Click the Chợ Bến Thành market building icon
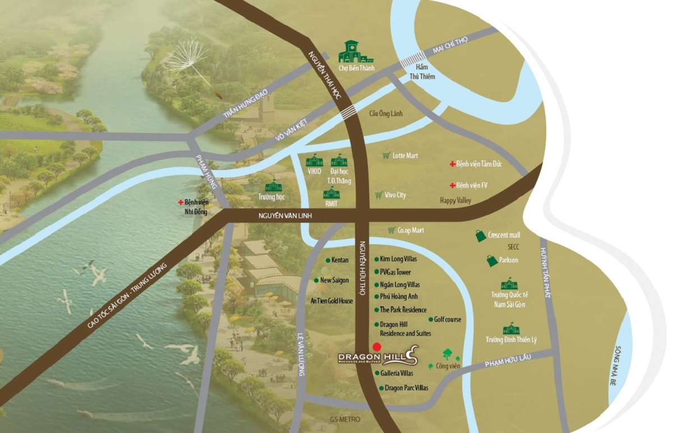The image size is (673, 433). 352,52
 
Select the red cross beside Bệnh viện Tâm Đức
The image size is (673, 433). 451,164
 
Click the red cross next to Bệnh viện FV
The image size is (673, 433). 451,185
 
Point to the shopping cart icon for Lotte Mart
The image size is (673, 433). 386,155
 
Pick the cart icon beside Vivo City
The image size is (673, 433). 379,195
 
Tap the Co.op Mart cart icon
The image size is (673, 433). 391,230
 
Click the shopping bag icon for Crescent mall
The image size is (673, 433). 481,236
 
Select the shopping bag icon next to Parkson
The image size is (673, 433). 492,260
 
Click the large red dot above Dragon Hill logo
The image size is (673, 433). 377,347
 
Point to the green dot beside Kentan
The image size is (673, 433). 328,260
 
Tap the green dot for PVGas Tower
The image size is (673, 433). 376,272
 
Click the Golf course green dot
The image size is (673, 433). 430,320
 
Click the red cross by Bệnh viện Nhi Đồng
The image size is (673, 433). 181,202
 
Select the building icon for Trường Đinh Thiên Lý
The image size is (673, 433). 511,329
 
